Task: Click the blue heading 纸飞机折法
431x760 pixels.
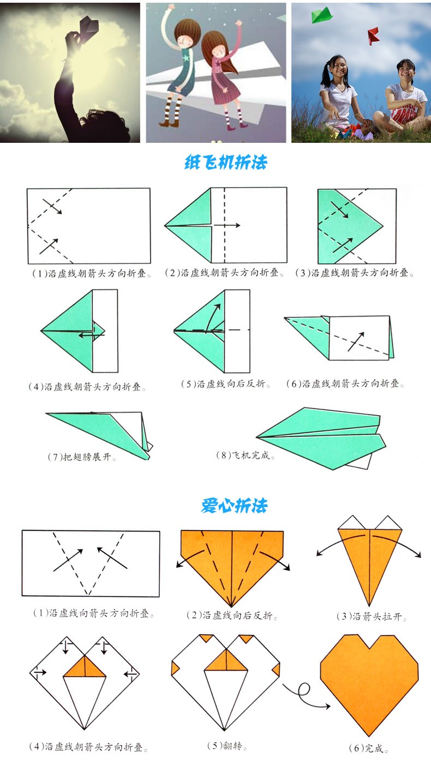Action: (226, 162)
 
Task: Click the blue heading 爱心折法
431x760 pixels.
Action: (234, 506)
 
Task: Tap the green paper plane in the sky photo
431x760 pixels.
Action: (321, 15)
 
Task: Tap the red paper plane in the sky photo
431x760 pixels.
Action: (374, 36)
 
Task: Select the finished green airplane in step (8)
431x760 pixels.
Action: (321, 438)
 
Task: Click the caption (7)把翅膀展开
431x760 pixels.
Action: (82, 457)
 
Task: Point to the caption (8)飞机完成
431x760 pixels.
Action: (245, 455)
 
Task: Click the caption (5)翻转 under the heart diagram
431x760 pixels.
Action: (227, 745)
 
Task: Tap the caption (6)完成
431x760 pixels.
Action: (368, 748)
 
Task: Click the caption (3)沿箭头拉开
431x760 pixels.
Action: (371, 616)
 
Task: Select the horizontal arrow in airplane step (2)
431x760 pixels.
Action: (227, 225)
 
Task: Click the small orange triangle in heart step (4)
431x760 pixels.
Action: (85, 667)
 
